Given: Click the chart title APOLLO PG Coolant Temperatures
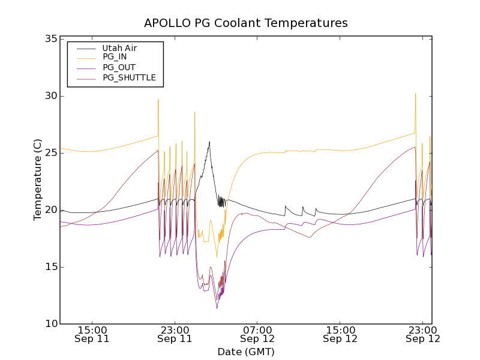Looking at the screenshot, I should pos(246,23).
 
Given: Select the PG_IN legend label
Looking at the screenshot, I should pos(115,57).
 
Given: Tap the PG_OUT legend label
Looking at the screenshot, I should pos(119,67).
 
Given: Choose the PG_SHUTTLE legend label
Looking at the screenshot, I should pos(129,77).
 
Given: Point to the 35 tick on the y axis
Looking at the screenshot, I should pos(50,39).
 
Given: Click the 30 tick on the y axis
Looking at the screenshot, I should pos(50,96).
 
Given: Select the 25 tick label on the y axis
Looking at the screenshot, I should pos(50,153).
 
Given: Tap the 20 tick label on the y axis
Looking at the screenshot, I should pos(50,210).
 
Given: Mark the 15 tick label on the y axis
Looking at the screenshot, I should pos(50,267).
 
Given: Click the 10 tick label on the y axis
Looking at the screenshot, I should pos(50,324).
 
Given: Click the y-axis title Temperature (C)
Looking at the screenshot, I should pos(38,180).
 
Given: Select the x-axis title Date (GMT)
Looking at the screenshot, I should pos(246,352).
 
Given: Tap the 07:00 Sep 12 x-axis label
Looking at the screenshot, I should pos(257,334).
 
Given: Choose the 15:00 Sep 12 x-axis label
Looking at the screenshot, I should pos(340,334).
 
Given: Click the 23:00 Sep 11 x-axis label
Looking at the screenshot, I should pos(175,334).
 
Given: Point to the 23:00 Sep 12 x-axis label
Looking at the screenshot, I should pos(423,334).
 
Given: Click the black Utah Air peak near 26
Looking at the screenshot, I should pos(209,142).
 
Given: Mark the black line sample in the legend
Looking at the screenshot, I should pos(83,48).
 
